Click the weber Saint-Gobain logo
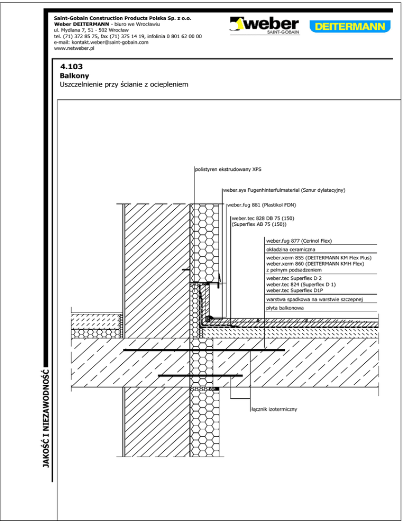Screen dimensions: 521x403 (x=264, y=26)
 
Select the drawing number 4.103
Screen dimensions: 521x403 (x=72, y=68)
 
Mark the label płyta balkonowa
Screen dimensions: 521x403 (x=284, y=308)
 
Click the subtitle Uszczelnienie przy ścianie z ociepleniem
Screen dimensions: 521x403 (x=124, y=84)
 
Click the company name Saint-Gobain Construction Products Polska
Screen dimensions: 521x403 (x=122, y=18)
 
